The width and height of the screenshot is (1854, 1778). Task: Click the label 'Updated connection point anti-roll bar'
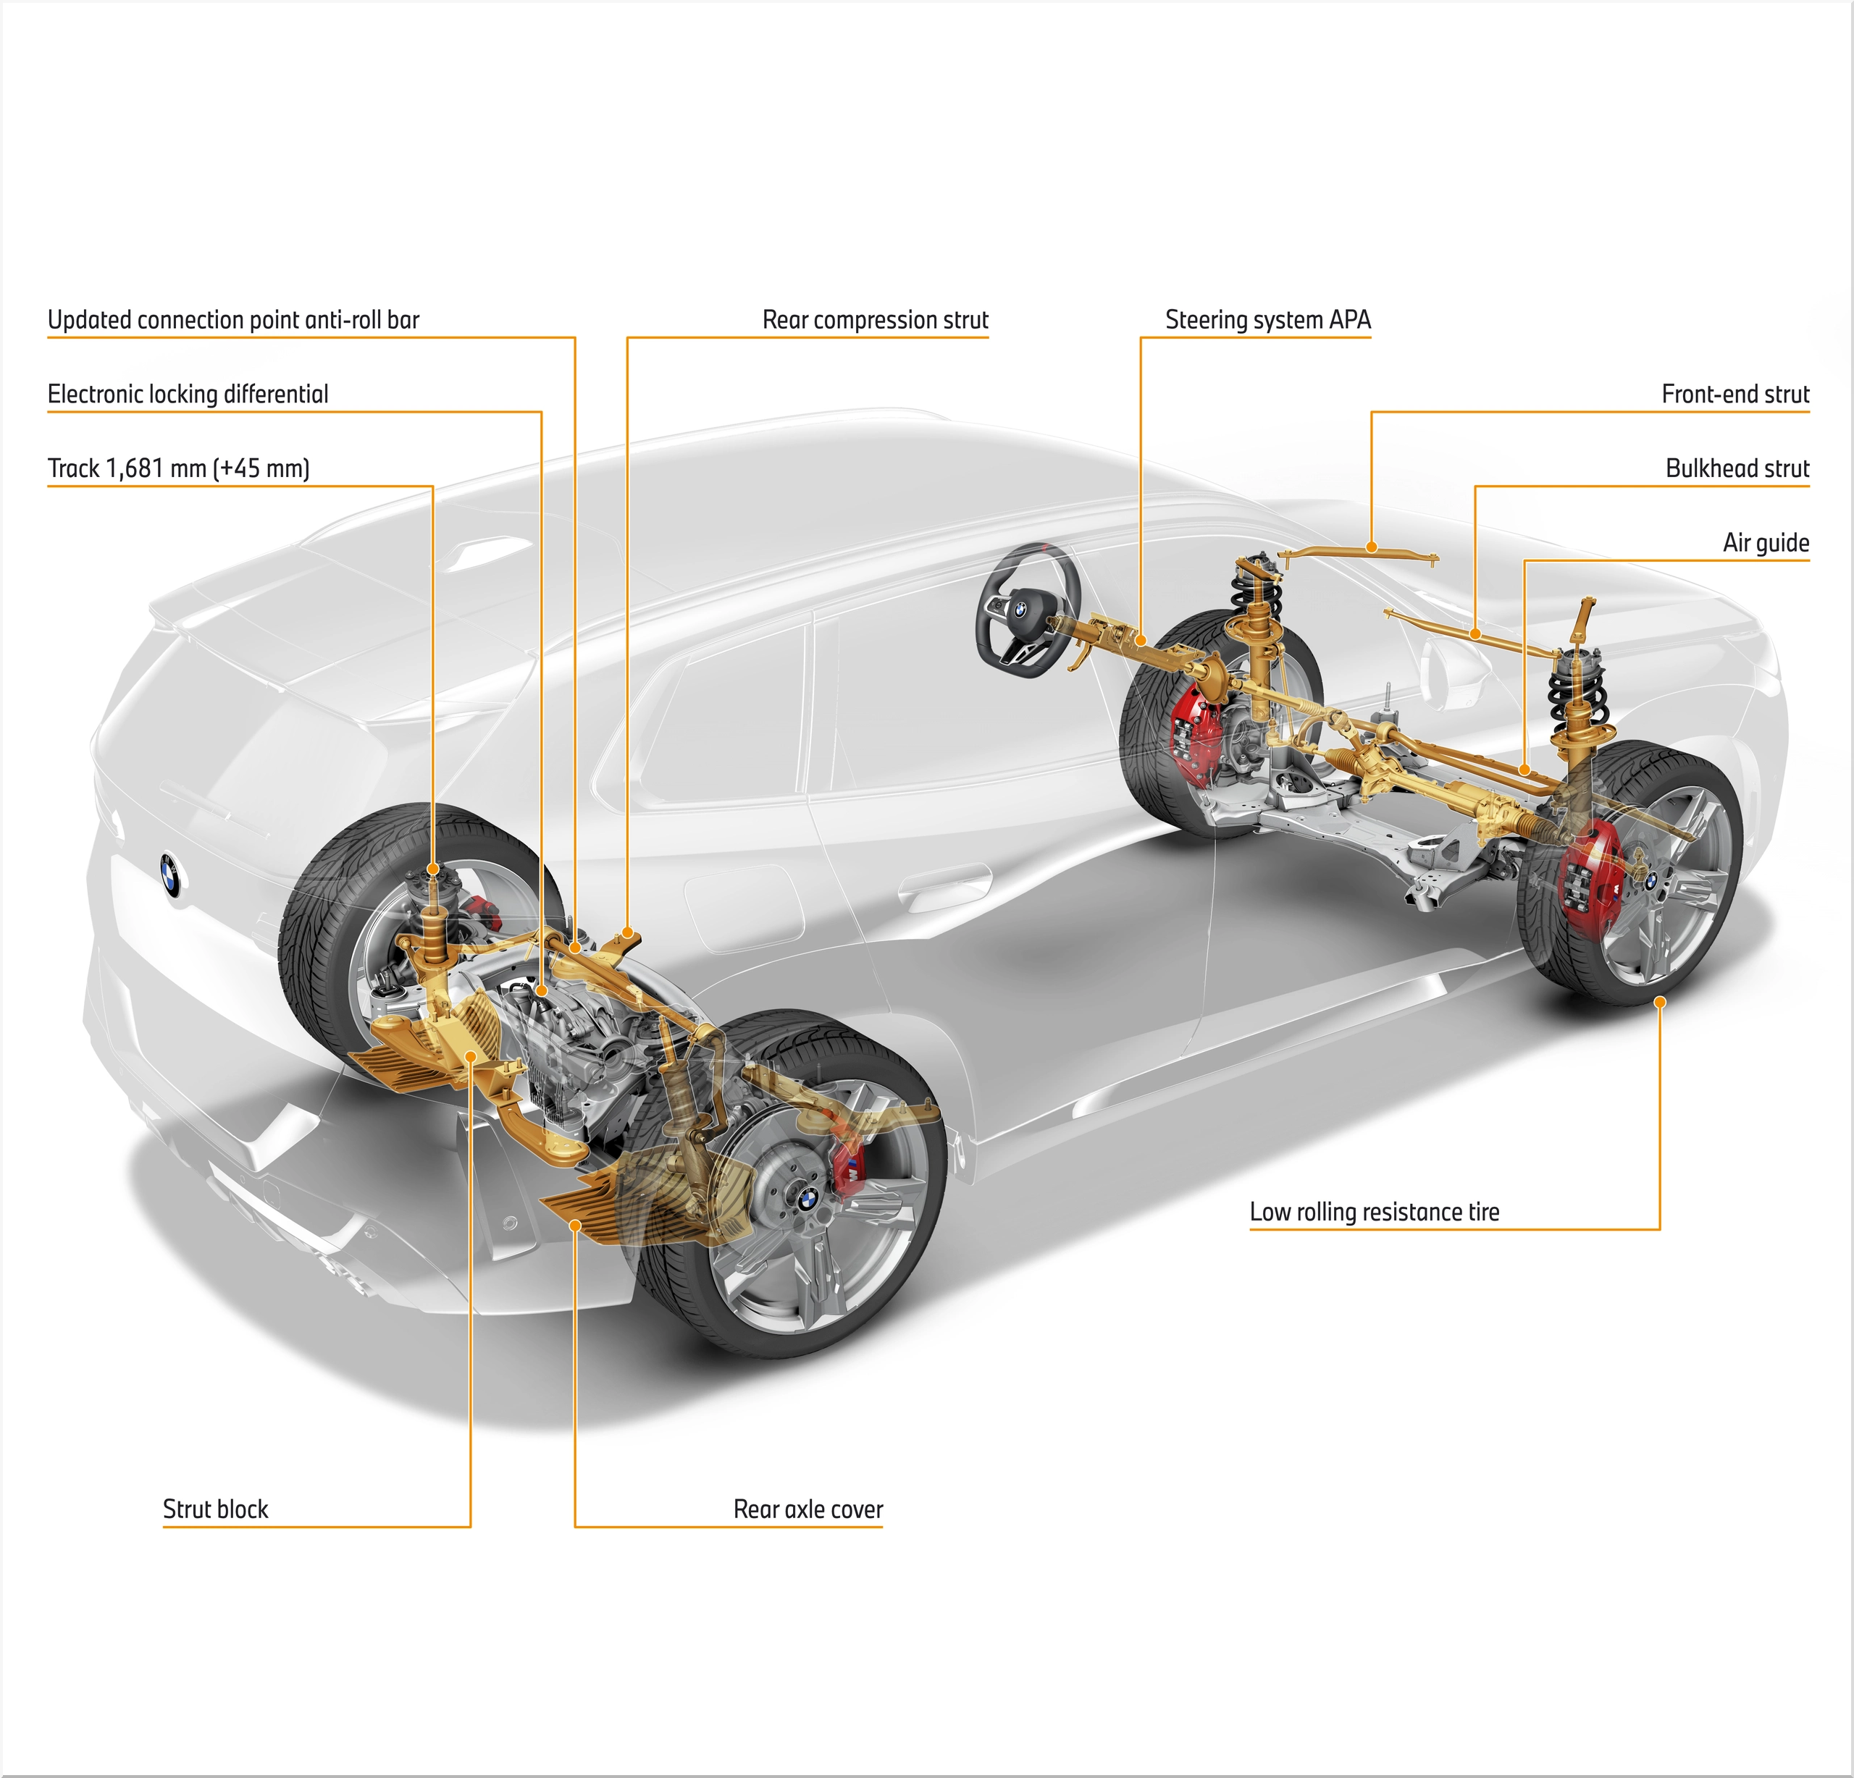(234, 320)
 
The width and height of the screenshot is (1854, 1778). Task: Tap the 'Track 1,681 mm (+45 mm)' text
(179, 468)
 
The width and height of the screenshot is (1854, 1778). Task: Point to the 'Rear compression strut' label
(875, 320)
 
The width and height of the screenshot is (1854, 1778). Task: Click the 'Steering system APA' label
(1267, 320)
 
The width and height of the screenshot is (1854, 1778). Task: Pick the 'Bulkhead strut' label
(1737, 468)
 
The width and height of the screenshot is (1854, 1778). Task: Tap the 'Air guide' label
(1765, 543)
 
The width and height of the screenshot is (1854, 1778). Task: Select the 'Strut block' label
(216, 1509)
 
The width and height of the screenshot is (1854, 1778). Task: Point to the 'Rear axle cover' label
(808, 1509)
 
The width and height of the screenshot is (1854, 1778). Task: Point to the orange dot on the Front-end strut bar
(1372, 547)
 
